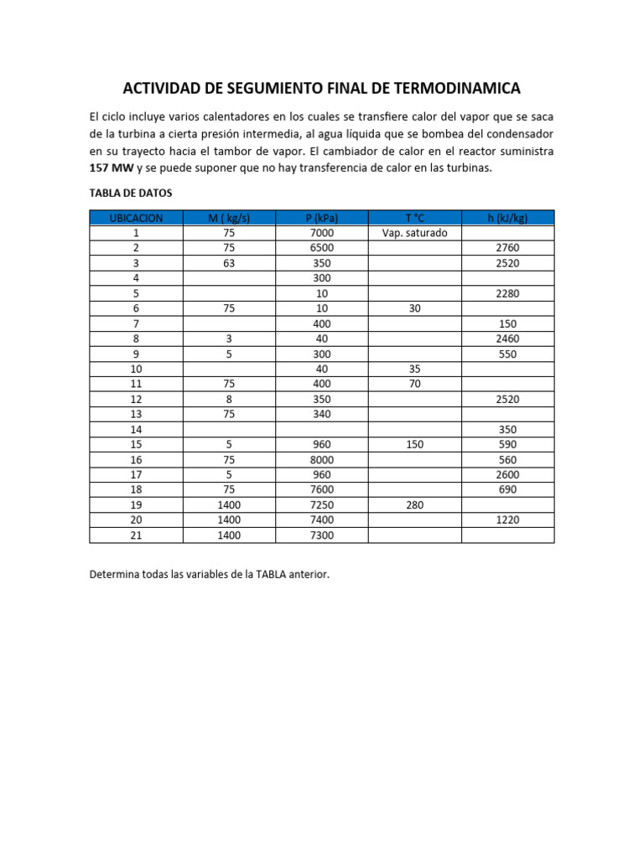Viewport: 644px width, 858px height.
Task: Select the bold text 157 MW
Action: (110, 168)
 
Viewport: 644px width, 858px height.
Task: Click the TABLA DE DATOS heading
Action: (130, 193)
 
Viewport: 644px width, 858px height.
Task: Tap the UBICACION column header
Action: (136, 218)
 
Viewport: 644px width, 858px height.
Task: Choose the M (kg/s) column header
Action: (229, 218)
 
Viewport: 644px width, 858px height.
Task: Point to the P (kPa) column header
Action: (322, 218)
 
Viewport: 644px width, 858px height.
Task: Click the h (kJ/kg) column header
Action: (507, 218)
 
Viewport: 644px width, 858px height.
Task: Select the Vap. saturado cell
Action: (414, 233)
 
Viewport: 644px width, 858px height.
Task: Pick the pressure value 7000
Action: (322, 233)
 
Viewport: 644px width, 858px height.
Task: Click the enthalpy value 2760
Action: (507, 248)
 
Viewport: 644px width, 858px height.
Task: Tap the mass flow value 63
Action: (229, 263)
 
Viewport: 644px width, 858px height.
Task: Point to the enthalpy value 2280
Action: (507, 293)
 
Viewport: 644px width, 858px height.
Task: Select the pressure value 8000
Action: (322, 459)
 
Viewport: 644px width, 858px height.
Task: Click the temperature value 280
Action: (414, 504)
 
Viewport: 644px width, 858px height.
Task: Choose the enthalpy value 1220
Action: (507, 519)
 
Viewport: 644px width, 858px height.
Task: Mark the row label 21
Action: (136, 535)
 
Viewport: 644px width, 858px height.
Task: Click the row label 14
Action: (136, 429)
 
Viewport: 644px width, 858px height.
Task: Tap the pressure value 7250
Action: (322, 504)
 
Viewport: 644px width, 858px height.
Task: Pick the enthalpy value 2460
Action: (507, 339)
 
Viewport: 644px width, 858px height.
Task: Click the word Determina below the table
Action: (117, 575)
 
